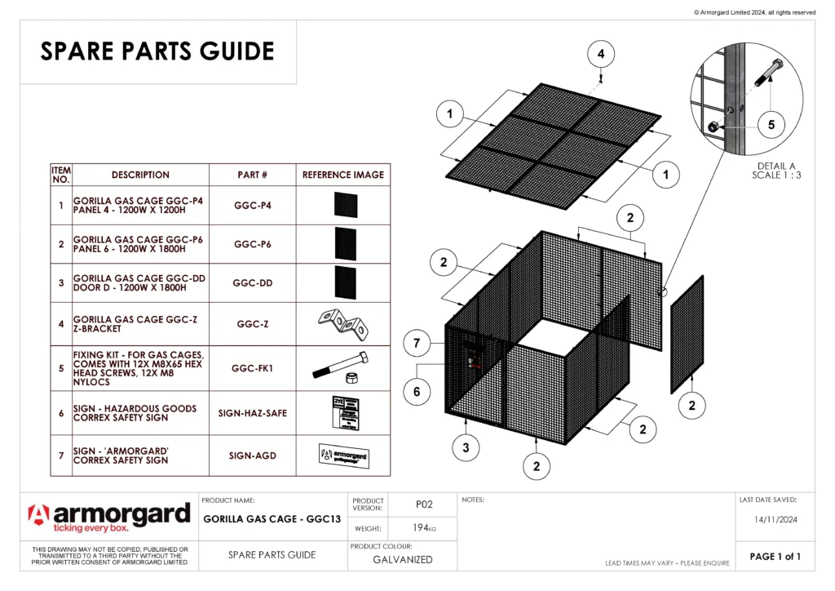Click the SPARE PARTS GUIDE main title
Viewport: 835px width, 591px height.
157,51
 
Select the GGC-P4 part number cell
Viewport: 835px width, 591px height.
252,205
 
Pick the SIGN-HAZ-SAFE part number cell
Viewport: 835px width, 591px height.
252,413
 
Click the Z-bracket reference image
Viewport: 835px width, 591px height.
343,323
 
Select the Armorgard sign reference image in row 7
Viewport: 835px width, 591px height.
343,455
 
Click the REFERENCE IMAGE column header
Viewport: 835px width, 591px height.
343,175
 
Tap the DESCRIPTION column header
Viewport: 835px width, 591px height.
140,175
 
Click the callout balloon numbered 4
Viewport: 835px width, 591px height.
601,54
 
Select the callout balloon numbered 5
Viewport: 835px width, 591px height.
771,125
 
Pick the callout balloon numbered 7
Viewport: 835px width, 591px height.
417,344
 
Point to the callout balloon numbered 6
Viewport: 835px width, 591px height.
417,392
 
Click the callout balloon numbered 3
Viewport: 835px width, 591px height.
466,447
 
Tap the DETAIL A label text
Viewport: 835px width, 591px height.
775,166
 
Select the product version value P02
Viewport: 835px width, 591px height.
423,504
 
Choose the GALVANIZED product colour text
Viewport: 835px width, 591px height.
403,560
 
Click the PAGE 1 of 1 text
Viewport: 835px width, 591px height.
775,557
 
